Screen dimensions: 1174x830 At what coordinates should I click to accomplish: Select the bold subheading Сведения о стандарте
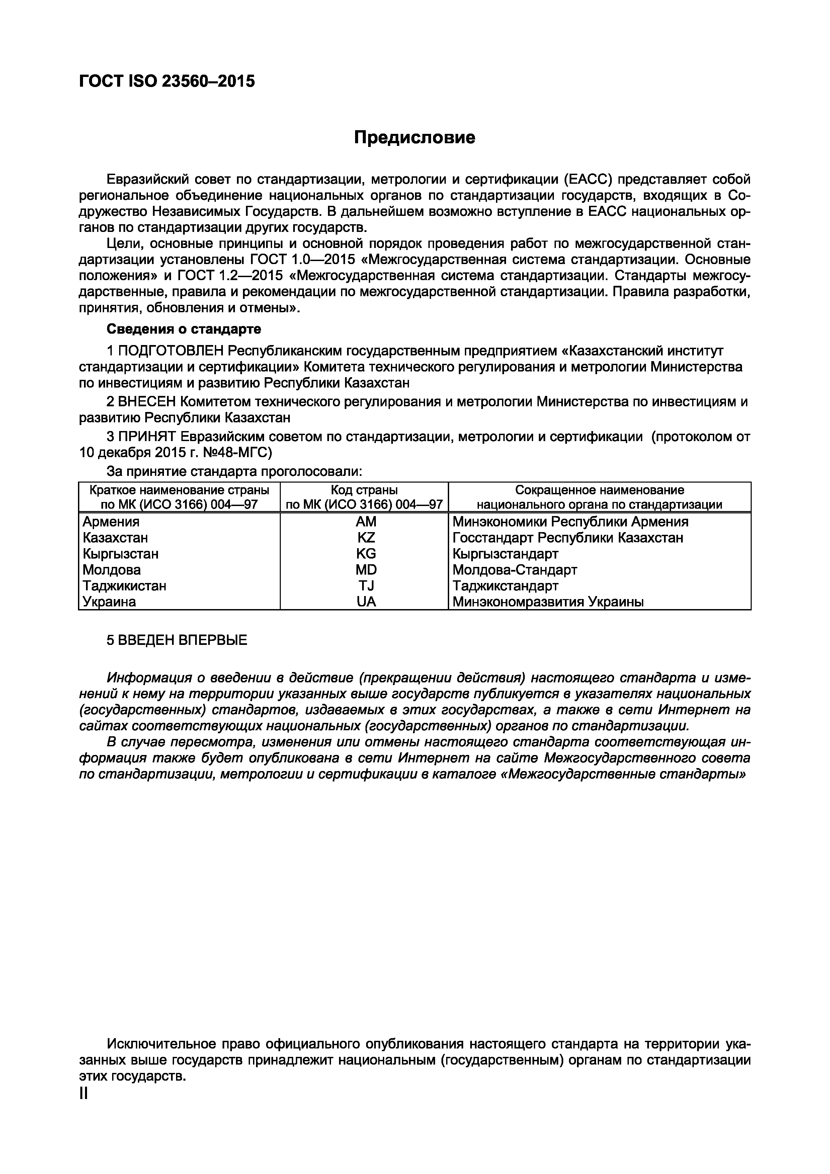coord(184,329)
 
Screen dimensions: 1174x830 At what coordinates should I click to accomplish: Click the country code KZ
coord(366,538)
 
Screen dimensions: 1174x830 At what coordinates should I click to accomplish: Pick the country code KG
coord(366,554)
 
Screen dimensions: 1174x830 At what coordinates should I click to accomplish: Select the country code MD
coord(366,570)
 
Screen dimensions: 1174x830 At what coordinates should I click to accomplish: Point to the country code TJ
coord(366,585)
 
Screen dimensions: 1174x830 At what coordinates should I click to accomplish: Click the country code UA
coord(366,602)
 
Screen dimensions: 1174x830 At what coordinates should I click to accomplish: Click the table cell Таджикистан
coord(124,585)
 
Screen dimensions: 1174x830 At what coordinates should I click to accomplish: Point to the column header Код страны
coord(364,490)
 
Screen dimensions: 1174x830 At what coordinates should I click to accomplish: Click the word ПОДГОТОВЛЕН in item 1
coord(171,351)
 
